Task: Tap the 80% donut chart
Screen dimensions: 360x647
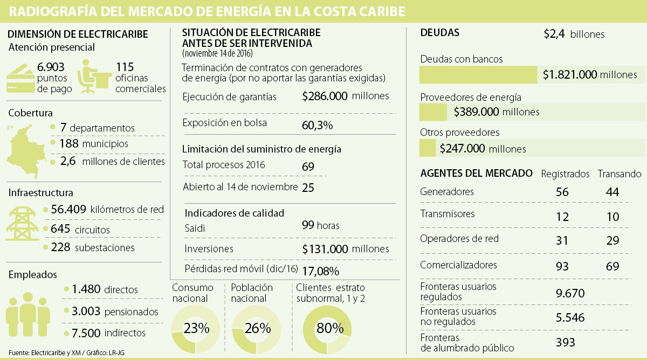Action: (x=326, y=329)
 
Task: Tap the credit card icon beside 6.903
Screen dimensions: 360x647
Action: (x=20, y=78)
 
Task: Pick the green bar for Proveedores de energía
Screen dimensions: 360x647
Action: (x=433, y=112)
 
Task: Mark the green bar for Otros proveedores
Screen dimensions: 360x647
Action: (x=427, y=148)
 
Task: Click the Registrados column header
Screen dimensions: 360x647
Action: (x=565, y=174)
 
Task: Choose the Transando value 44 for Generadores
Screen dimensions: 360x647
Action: (x=612, y=192)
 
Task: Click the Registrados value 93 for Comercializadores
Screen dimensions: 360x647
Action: (x=562, y=266)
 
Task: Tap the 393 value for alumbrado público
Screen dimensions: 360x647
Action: (x=565, y=342)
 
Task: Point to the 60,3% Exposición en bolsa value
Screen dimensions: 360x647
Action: (x=317, y=126)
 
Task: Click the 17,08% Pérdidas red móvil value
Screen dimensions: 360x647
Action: (x=321, y=270)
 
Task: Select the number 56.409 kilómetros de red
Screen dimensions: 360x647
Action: (x=68, y=209)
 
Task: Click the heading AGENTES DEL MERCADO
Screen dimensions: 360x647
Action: (x=476, y=174)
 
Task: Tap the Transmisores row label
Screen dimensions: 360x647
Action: (x=447, y=214)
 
